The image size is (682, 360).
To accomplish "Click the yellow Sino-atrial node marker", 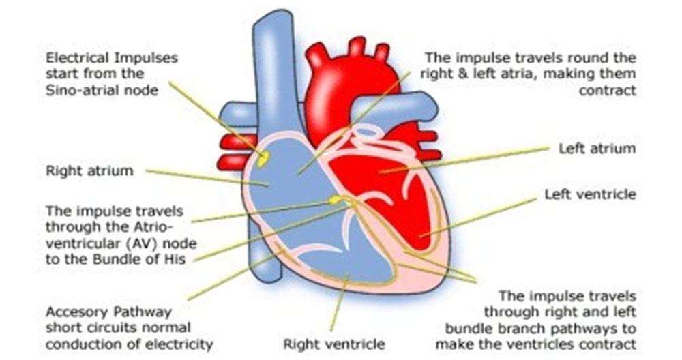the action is (263, 158).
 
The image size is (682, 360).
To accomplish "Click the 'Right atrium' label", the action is (89, 170).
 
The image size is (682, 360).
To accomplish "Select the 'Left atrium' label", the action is (597, 148).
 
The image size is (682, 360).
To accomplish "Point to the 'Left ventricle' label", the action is (590, 194).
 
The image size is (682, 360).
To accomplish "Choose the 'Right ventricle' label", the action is (334, 344).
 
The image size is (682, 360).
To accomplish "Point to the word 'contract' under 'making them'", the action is (607, 90).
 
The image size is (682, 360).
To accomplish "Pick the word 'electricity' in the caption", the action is (178, 344).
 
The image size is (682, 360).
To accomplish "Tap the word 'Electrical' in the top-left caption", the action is (77, 57).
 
